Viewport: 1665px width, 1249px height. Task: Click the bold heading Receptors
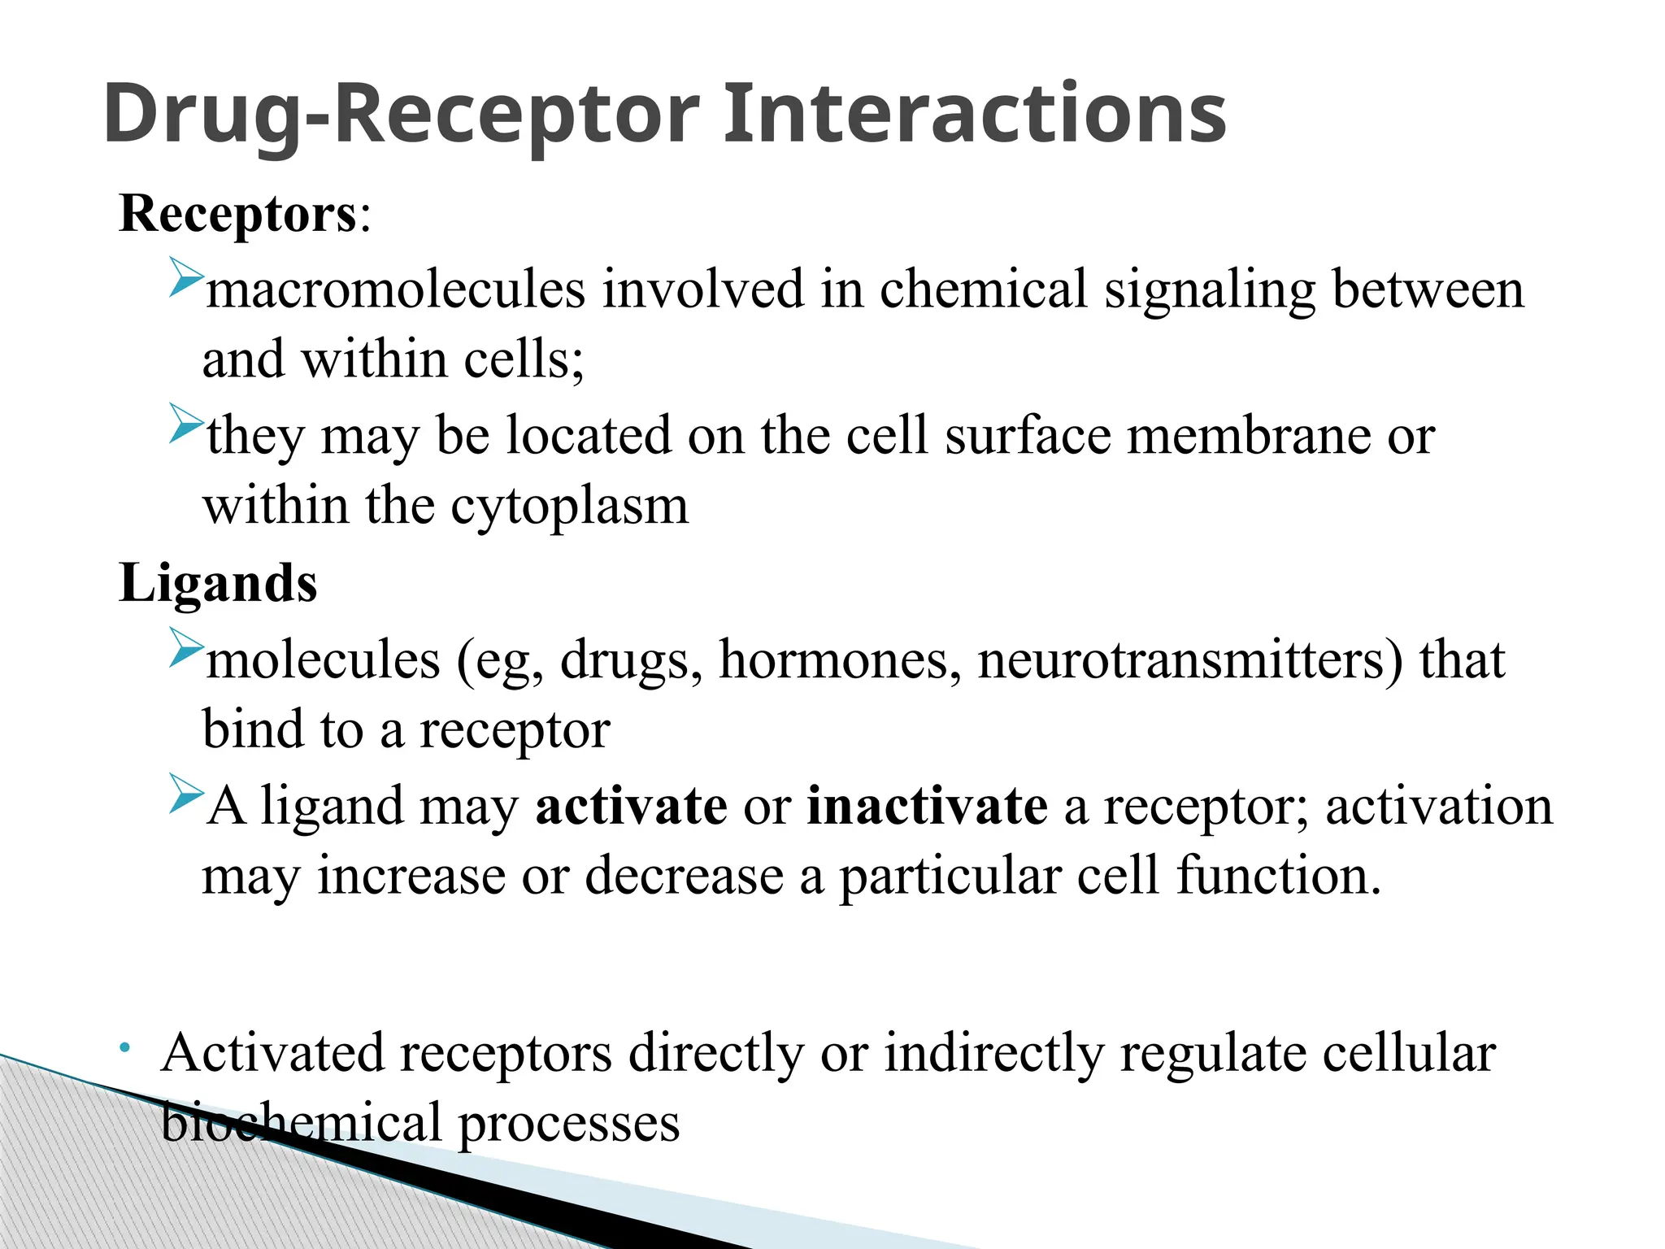(237, 214)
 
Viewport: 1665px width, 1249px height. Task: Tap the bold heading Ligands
(218, 583)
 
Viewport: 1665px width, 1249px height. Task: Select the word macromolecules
(396, 289)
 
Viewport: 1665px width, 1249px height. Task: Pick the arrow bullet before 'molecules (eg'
(185, 647)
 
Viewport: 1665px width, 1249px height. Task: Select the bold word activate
(631, 806)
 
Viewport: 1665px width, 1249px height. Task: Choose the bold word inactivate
(927, 806)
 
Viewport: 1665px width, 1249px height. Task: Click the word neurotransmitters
(1190, 659)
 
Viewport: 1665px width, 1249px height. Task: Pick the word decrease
(685, 876)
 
